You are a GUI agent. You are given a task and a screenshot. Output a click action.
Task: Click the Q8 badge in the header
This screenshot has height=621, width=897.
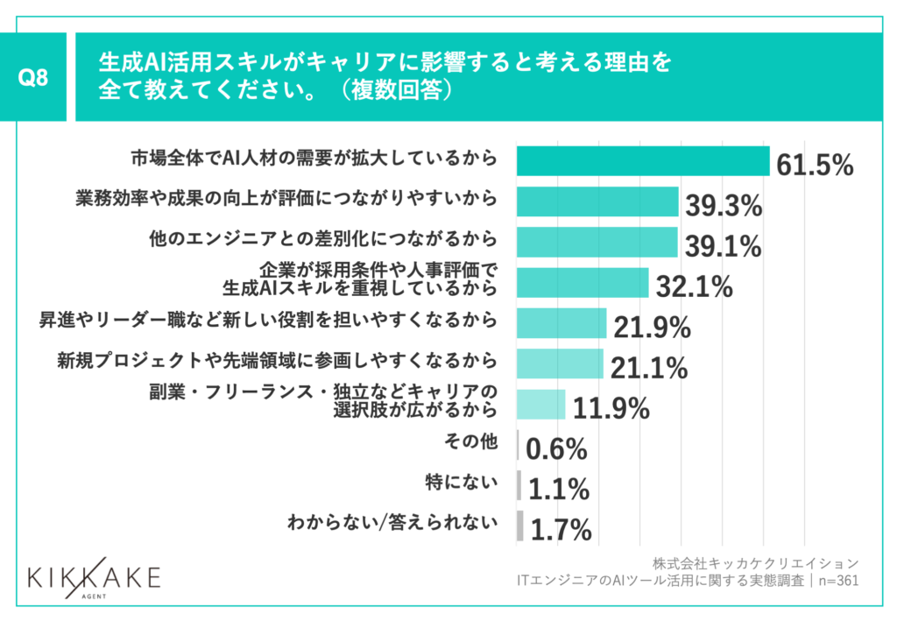pyautogui.click(x=33, y=77)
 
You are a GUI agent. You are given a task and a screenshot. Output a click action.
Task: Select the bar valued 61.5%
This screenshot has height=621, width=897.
pyautogui.click(x=643, y=161)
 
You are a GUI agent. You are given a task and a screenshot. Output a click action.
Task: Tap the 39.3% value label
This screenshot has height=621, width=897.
pyautogui.click(x=724, y=207)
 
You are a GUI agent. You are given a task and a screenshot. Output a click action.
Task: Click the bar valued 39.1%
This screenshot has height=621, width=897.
pyautogui.click(x=597, y=242)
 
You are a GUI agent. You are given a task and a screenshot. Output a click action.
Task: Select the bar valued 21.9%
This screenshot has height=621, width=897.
pyautogui.click(x=562, y=323)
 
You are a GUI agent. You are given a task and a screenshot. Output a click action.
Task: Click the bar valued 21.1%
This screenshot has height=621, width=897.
pyautogui.click(x=560, y=363)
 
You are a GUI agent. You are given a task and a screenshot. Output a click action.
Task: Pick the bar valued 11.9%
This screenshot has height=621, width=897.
pyautogui.click(x=540, y=404)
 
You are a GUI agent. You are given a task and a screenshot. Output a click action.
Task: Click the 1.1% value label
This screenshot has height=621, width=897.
pyautogui.click(x=558, y=489)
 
